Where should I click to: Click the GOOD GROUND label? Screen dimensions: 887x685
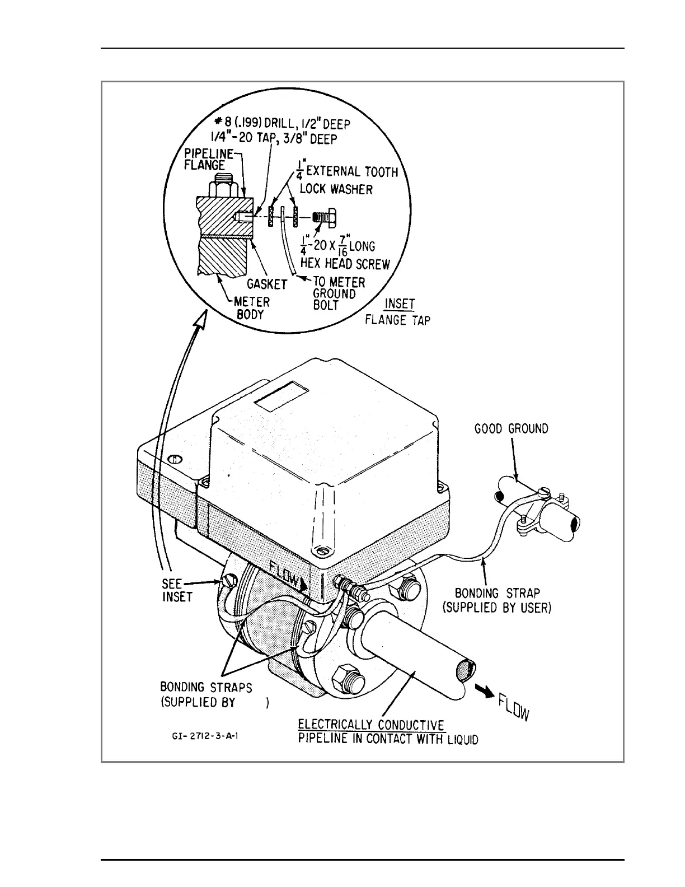pyautogui.click(x=511, y=429)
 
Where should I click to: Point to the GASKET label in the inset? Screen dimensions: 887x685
pyautogui.click(x=267, y=284)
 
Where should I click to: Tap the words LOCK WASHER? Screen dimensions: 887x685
pyautogui.click(x=336, y=189)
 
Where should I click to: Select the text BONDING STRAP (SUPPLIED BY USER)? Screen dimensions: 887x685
pyautogui.click(x=497, y=600)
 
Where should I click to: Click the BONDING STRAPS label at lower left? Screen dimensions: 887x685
pyautogui.click(x=207, y=687)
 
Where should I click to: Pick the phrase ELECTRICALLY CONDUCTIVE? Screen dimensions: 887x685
pyautogui.click(x=371, y=726)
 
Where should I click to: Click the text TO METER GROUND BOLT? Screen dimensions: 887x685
pyautogui.click(x=337, y=293)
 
